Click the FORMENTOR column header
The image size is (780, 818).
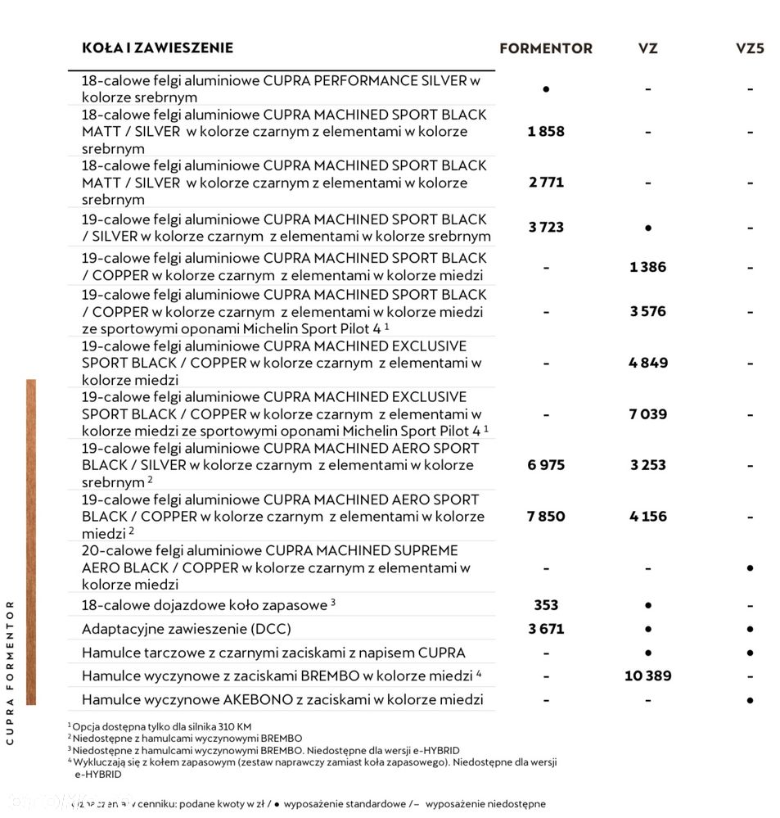coord(545,48)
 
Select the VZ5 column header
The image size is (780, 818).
coord(749,48)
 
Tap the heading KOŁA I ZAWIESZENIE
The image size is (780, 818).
coord(157,47)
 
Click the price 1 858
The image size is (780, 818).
coord(546,131)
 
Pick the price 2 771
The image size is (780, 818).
coord(546,182)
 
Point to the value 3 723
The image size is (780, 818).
coord(546,227)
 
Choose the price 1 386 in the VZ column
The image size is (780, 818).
coord(647,267)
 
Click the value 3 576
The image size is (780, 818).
coord(647,311)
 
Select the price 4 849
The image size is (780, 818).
coord(647,363)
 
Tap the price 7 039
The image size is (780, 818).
coord(647,414)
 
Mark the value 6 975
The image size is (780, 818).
coord(546,465)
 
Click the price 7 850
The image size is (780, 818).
coord(546,517)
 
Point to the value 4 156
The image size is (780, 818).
coord(647,517)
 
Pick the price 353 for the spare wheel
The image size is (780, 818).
coord(546,605)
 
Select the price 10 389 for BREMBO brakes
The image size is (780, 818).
coord(647,676)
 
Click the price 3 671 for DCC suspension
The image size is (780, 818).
coord(546,629)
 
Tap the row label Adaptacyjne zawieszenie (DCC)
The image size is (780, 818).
coord(186,629)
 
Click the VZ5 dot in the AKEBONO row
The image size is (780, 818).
coord(750,700)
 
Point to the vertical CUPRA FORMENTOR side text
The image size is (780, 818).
coord(10,672)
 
